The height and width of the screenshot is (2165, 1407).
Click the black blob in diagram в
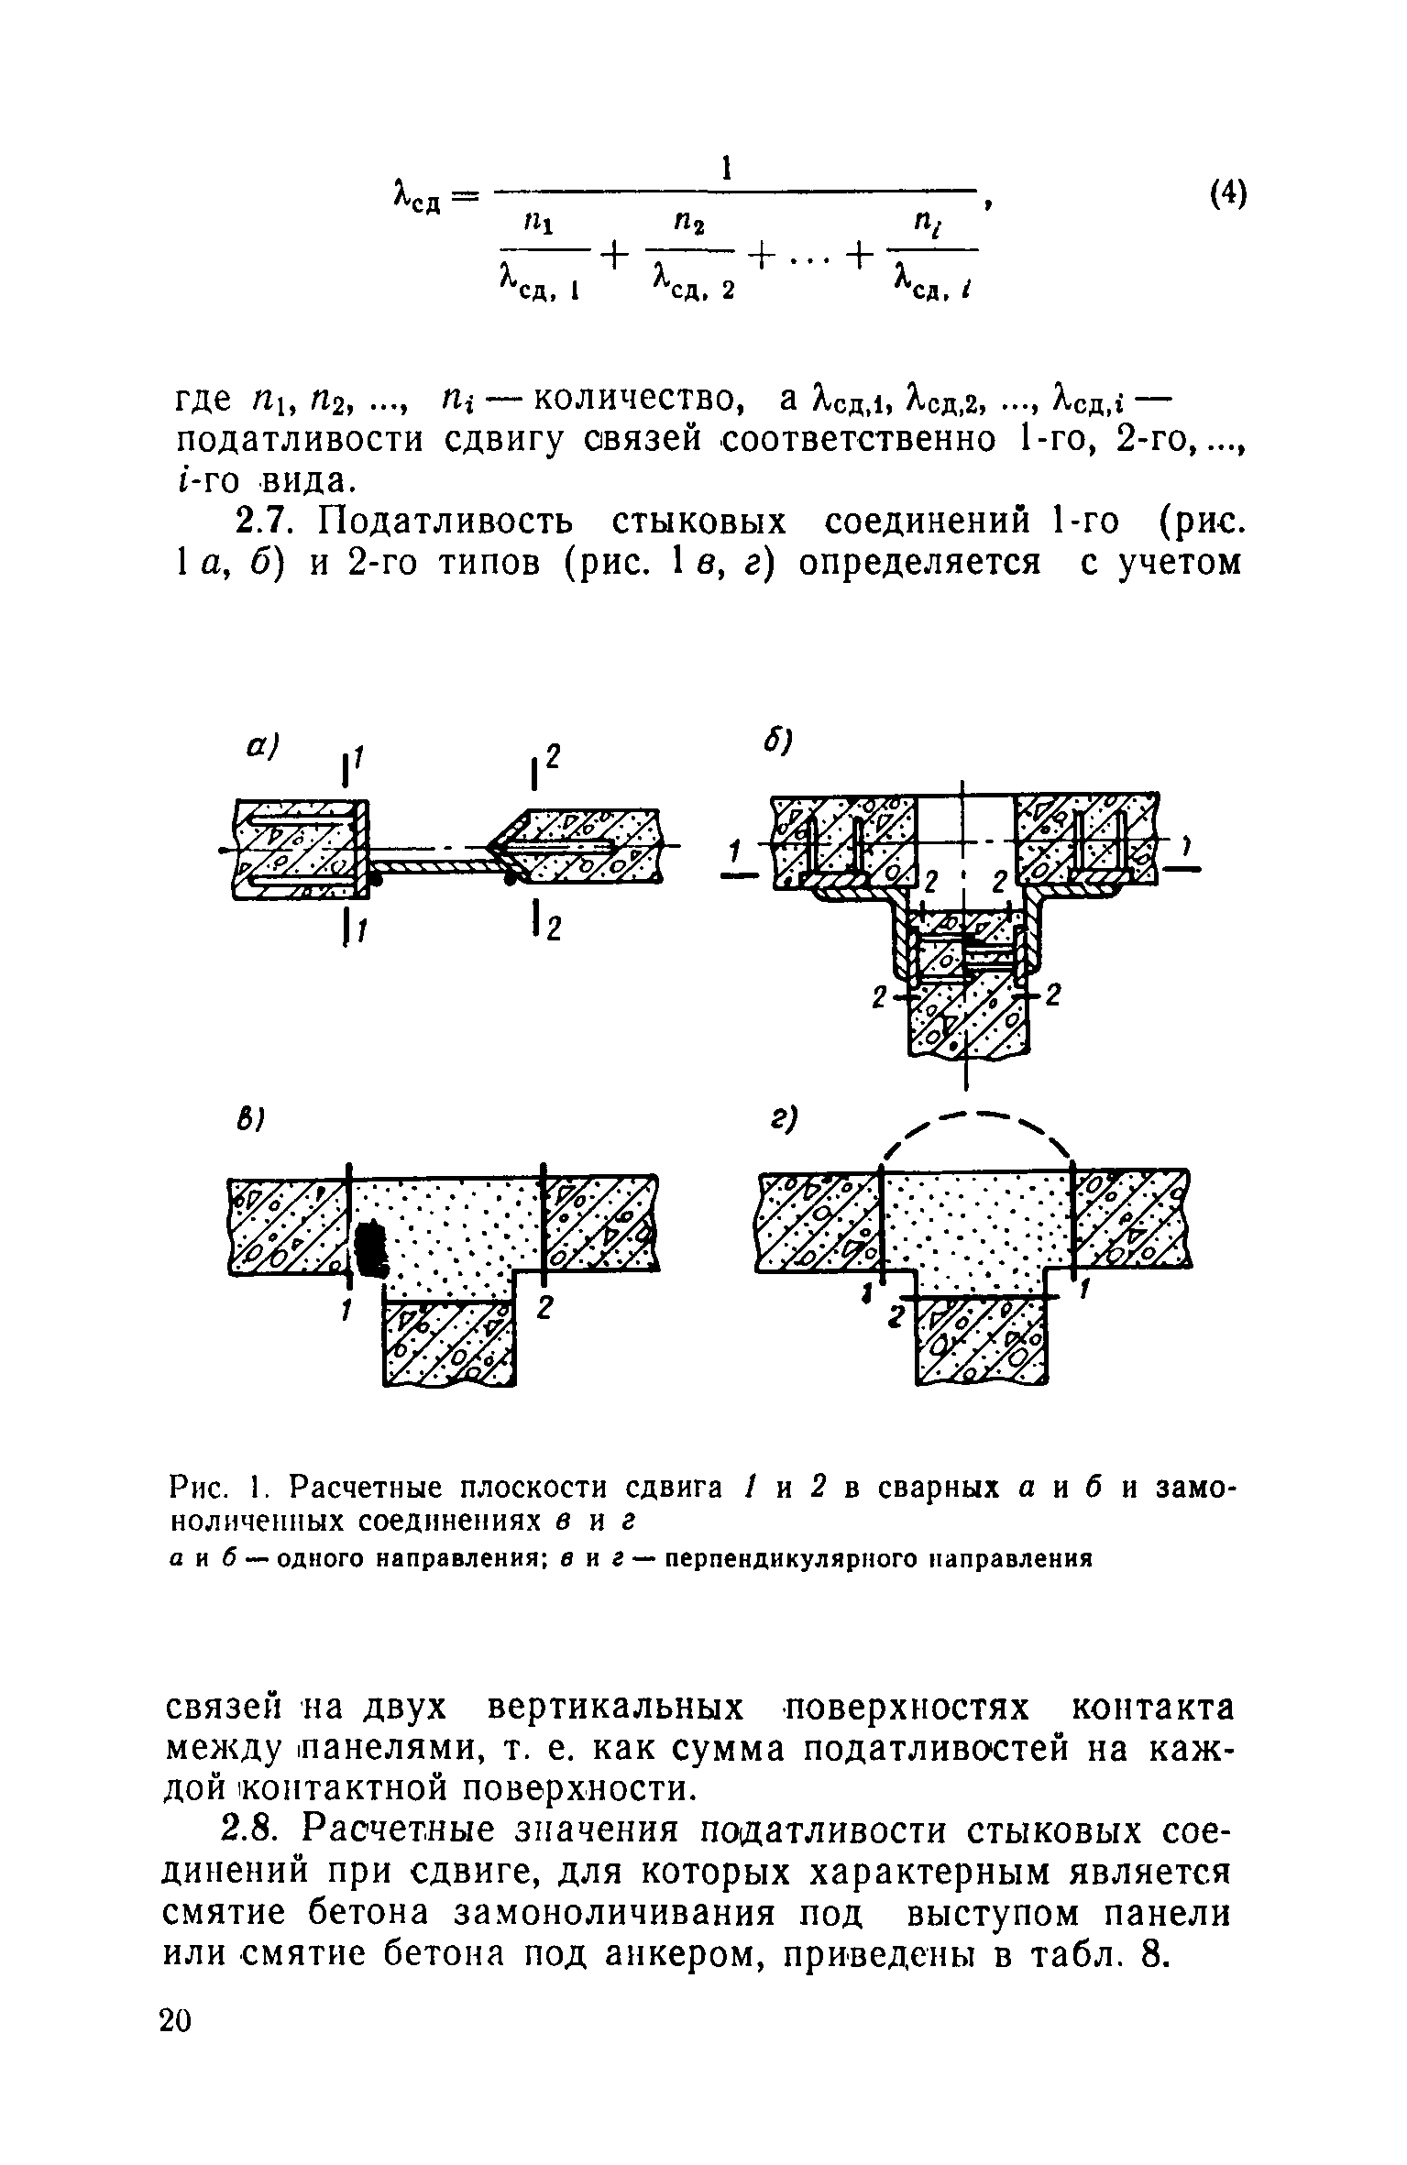coord(372,1247)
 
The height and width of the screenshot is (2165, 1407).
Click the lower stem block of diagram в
coord(449,1344)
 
